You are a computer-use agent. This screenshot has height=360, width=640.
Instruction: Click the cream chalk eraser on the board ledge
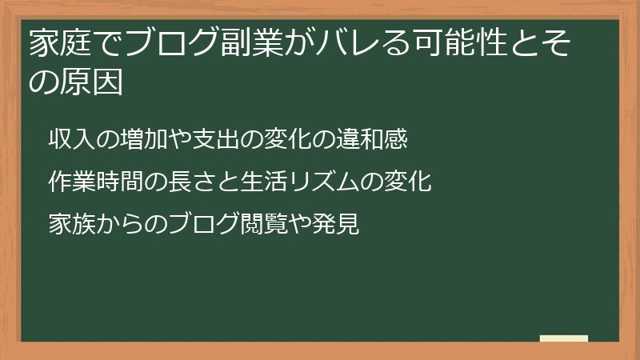[x=564, y=338]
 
